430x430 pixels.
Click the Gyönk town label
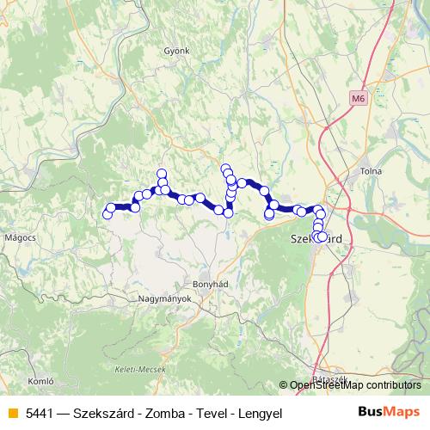click(x=176, y=51)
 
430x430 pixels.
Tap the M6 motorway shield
click(x=358, y=100)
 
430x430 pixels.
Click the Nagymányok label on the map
click(x=163, y=299)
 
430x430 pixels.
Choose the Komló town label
click(x=41, y=379)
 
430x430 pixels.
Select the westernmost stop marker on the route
click(x=107, y=214)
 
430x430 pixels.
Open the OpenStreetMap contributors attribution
click(x=355, y=385)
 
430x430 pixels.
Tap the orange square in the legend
click(x=11, y=412)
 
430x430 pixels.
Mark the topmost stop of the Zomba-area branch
click(x=225, y=169)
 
